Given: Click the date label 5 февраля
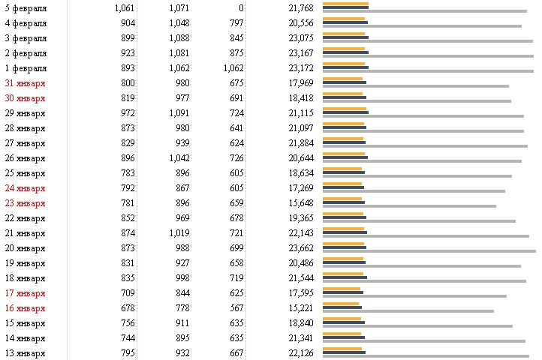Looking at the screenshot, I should coord(26,7).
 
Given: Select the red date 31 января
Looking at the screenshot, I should coord(25,82).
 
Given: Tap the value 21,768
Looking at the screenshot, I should coord(300,7).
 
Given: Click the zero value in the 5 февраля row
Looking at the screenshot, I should coord(241,7).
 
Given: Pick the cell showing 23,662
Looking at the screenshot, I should coord(300,247).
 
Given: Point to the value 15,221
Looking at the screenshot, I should coord(300,307).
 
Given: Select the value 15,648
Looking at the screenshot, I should coord(300,202).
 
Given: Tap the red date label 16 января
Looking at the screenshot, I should coord(25,307).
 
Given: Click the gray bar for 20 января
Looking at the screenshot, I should coord(429,251).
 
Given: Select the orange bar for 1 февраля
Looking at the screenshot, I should coord(344,64).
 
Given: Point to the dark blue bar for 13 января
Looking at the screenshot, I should coord(344,352).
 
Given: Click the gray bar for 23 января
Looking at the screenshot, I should coord(409,206).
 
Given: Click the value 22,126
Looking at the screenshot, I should coord(300,352).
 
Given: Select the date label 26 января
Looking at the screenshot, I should coord(25,157).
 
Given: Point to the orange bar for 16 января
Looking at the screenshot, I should coord(341,304).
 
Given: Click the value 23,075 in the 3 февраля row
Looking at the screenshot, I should coord(300,37).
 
